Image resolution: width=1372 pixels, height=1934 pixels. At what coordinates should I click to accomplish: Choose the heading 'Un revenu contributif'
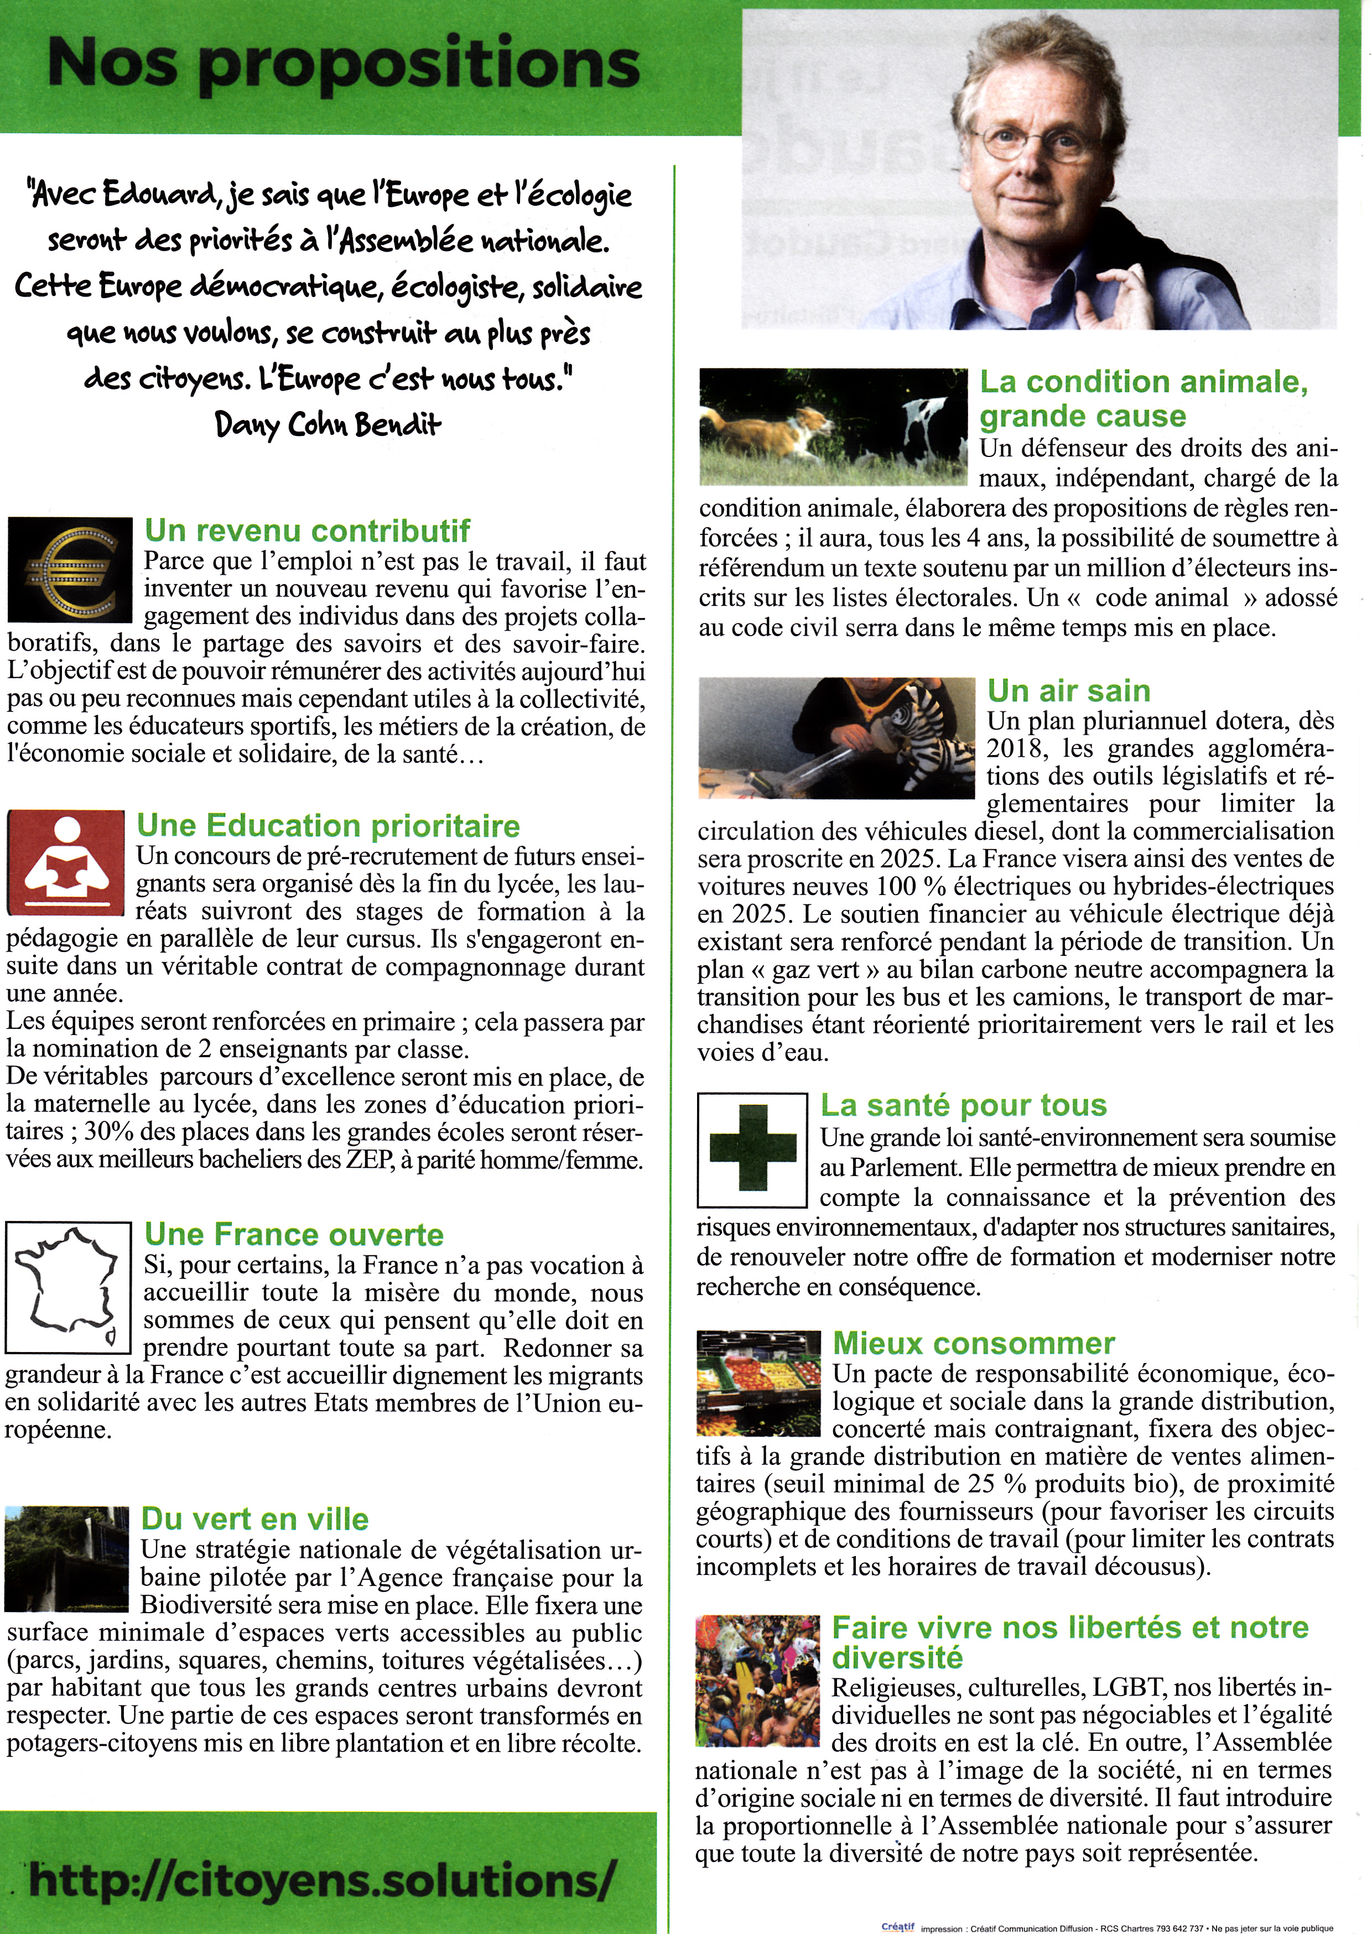coord(308,531)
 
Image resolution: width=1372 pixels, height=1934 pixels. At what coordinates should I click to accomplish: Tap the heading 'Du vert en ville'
coord(254,1519)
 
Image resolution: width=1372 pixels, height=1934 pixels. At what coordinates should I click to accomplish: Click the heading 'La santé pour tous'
coord(964,1105)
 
